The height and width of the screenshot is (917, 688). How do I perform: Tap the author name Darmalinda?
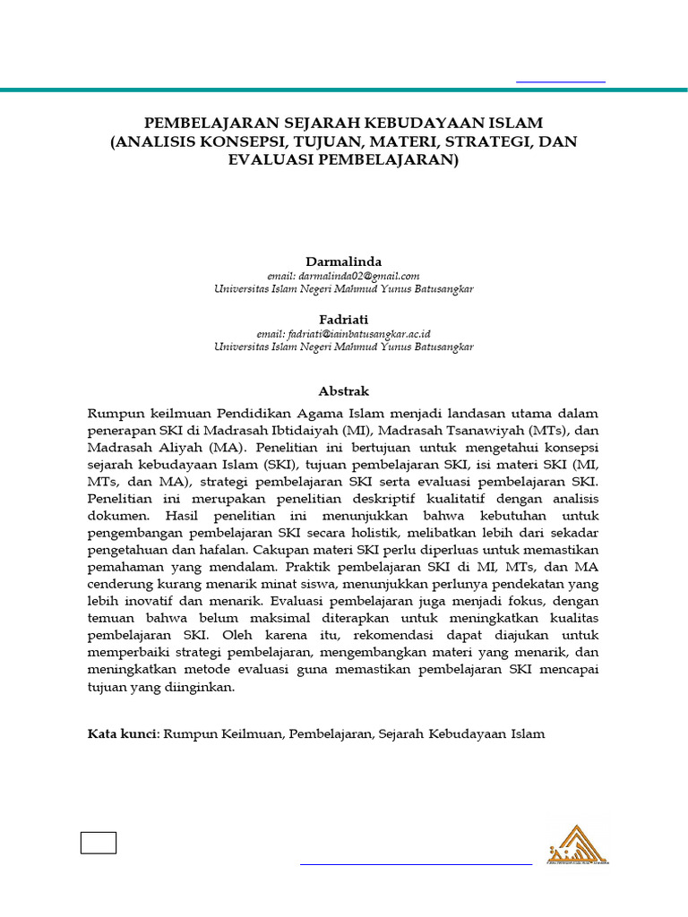click(x=344, y=261)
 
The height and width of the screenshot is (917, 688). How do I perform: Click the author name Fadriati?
click(x=344, y=319)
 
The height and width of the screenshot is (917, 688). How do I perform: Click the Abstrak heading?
click(x=344, y=391)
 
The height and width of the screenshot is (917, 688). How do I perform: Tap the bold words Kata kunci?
click(x=122, y=734)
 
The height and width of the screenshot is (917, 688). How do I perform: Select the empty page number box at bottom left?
click(x=99, y=844)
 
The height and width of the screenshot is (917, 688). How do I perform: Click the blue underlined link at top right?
click(x=561, y=81)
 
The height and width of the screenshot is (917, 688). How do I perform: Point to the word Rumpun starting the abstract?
click(x=114, y=413)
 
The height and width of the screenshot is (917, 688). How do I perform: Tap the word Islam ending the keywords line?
click(x=528, y=734)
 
